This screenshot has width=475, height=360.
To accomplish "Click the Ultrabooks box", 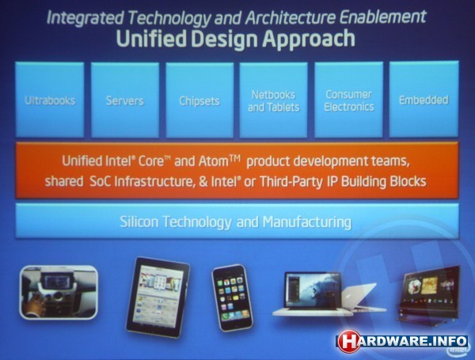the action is point(50,100).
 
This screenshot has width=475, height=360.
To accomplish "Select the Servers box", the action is point(125,100).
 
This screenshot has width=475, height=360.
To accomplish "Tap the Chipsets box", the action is point(199,100).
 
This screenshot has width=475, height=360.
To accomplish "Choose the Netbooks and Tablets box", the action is point(274,100).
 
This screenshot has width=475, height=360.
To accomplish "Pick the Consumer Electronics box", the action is point(348,100).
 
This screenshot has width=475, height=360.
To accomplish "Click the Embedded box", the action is point(424,100).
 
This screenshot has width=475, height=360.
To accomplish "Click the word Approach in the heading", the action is point(309,40).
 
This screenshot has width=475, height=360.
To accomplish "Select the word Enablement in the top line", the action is point(382,17).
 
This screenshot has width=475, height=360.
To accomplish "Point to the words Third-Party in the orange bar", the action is point(291,182).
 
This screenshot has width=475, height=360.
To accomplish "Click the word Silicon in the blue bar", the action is point(139,222).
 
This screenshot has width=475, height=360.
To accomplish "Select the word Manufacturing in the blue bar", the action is point(307,222).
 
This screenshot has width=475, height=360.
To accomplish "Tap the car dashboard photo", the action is point(59,292).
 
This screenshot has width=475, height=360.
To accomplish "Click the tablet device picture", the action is point(158,297).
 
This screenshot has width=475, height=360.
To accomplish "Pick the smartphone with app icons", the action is point(232,298).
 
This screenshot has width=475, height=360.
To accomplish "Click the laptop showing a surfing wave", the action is point(313,294).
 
